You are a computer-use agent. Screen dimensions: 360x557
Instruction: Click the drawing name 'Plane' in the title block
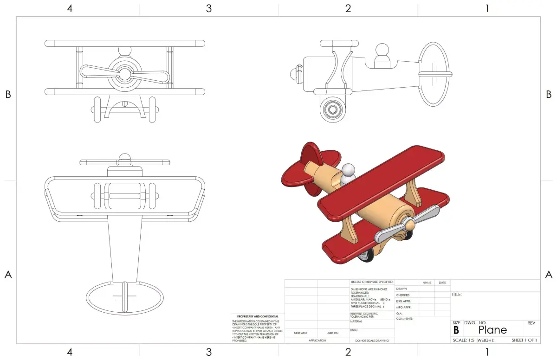pyautogui.click(x=492, y=330)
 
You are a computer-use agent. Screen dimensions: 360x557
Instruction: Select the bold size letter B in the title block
pyautogui.click(x=456, y=330)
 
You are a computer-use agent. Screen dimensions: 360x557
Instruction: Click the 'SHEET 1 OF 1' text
pyautogui.click(x=524, y=340)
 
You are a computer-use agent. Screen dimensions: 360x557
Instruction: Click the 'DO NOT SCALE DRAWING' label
pyautogui.click(x=372, y=341)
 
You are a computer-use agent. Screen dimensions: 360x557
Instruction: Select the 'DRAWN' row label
pyautogui.click(x=402, y=289)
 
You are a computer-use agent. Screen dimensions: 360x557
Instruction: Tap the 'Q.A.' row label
pyautogui.click(x=399, y=313)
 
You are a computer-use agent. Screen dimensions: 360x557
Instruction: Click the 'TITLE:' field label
pyautogui.click(x=457, y=295)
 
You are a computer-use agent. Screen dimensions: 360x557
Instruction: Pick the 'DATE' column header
pyautogui.click(x=442, y=283)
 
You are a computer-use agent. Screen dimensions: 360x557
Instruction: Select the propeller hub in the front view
pyautogui.click(x=124, y=73)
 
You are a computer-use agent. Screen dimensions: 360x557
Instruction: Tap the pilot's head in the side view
pyautogui.click(x=382, y=49)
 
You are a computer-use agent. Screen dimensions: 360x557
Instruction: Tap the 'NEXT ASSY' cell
pyautogui.click(x=301, y=333)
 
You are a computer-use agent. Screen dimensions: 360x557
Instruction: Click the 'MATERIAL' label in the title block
pyautogui.click(x=356, y=321)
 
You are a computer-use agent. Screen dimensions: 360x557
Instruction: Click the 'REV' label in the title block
pyautogui.click(x=531, y=322)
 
